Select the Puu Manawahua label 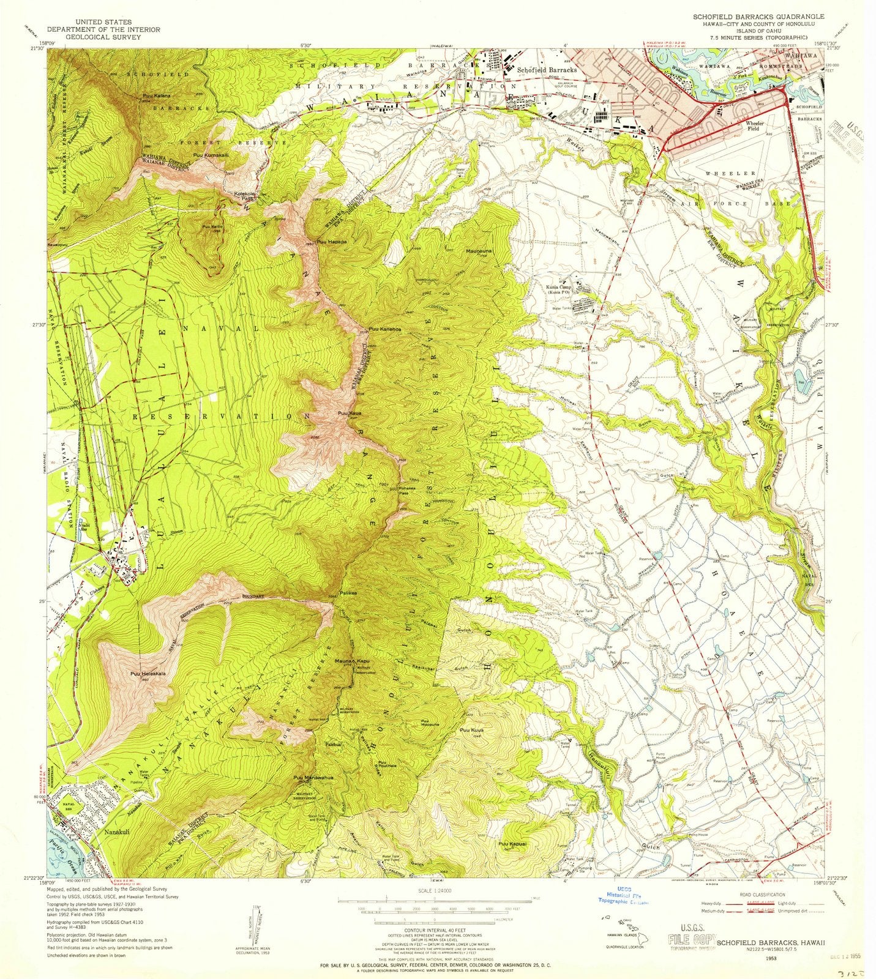coord(316,777)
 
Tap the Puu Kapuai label coord(514,844)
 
